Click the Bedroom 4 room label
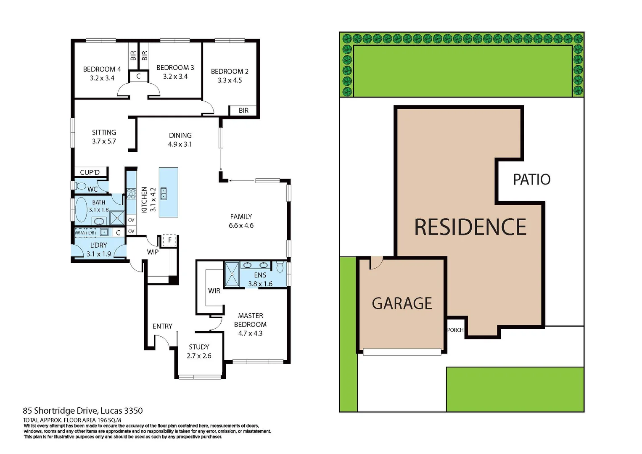pyautogui.click(x=102, y=69)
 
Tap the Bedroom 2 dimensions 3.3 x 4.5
pyautogui.click(x=230, y=80)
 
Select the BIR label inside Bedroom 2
pyautogui.click(x=243, y=111)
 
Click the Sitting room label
pyautogui.click(x=104, y=132)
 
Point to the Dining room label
pyautogui.click(x=180, y=135)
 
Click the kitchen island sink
pyautogui.click(x=164, y=193)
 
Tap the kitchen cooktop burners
pyautogui.click(x=131, y=193)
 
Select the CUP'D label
pyautogui.click(x=90, y=172)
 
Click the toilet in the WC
pyautogui.click(x=81, y=186)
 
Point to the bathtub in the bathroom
pyautogui.click(x=81, y=209)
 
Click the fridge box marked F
pyautogui.click(x=169, y=240)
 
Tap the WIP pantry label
pyautogui.click(x=153, y=252)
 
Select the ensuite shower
pyautogui.click(x=232, y=275)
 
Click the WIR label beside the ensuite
pyautogui.click(x=214, y=291)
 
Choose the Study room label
pyautogui.click(x=199, y=347)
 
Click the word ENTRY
pyautogui.click(x=162, y=326)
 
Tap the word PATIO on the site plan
pyautogui.click(x=531, y=179)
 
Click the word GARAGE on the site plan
pyautogui.click(x=402, y=304)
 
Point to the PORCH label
pyautogui.click(x=455, y=330)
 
